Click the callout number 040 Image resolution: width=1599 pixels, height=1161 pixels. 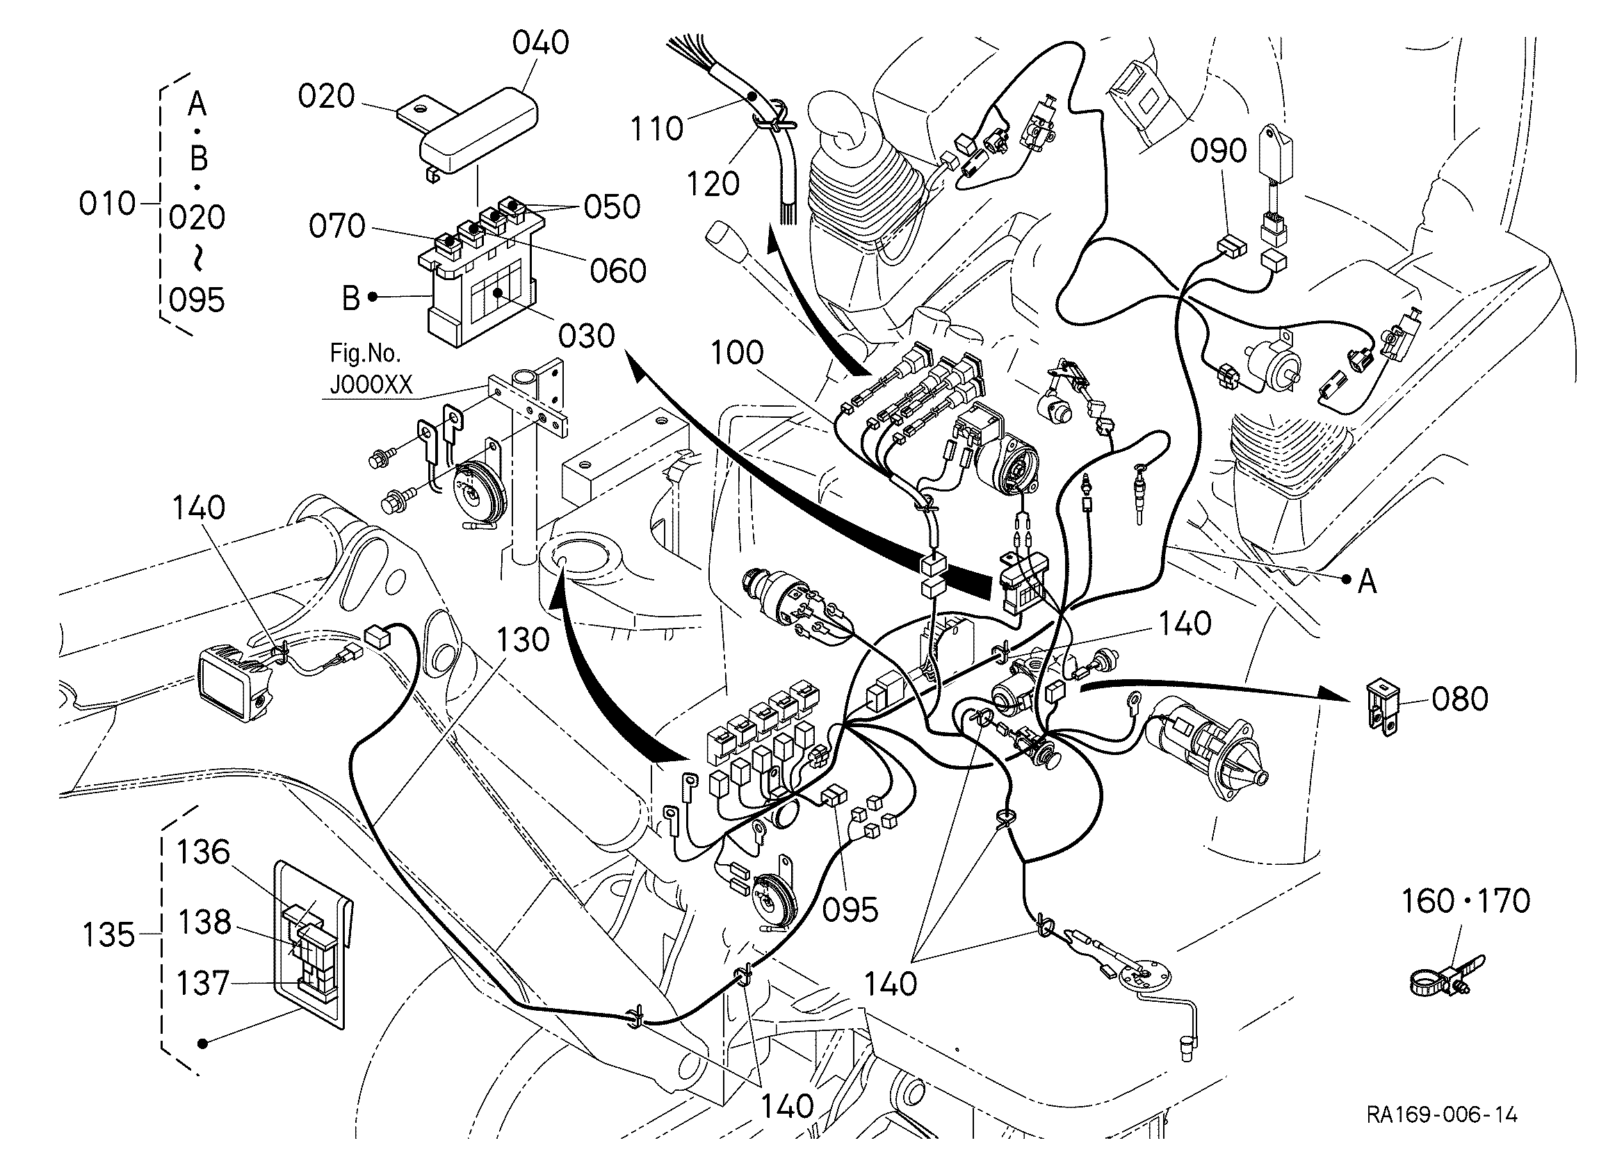point(541,44)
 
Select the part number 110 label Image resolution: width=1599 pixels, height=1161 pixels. point(656,129)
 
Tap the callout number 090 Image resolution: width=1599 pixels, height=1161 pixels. point(1219,152)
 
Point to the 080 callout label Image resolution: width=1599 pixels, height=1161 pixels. point(1460,699)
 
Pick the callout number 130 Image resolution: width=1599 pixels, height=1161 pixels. point(523,640)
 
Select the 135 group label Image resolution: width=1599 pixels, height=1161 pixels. point(108,936)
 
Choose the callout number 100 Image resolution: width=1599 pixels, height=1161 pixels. point(737,352)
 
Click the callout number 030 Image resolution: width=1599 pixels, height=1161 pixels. point(587,336)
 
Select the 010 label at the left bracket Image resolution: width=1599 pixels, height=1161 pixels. point(107,204)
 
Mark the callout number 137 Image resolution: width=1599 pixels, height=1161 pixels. point(203,983)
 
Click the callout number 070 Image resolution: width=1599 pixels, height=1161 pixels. point(337,226)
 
